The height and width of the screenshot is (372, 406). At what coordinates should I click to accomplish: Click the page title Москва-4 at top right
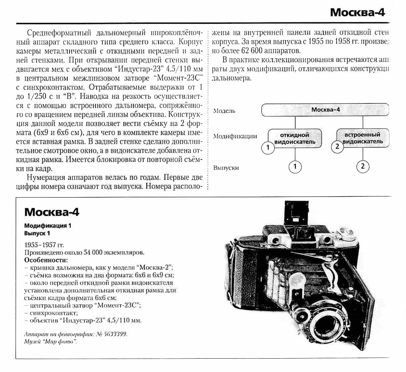pos(357,12)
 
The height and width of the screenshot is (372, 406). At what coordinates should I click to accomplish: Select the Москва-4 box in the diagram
pos(325,110)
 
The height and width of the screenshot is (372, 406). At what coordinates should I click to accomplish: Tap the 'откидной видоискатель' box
pos(295,138)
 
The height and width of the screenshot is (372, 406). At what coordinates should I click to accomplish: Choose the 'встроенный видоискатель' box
pos(363,138)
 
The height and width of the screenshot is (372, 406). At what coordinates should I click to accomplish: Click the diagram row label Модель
pos(224,111)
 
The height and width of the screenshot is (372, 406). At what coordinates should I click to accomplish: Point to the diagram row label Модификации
pos(235,137)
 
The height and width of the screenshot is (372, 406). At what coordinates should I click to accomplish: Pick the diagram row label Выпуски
pos(226,168)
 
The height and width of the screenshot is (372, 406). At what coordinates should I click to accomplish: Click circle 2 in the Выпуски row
pos(363,166)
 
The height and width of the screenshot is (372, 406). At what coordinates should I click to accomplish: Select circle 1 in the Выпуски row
pos(295,166)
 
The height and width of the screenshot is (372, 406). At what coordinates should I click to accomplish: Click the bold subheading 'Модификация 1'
pos(48,226)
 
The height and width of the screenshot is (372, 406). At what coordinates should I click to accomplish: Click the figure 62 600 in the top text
pos(256,50)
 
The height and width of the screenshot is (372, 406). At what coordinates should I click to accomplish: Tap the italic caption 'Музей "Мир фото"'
pos(50,341)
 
